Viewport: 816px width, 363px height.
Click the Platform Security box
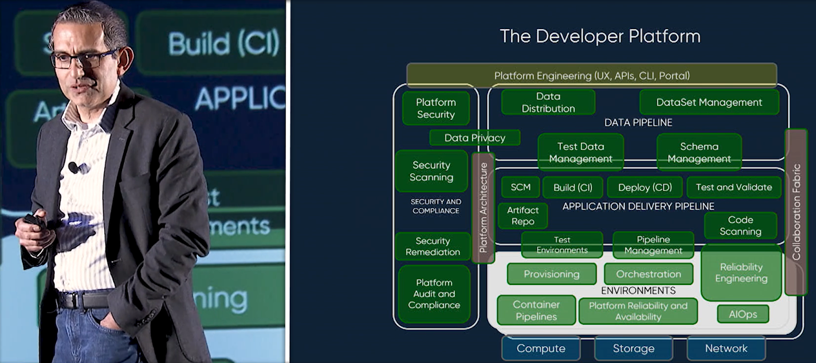click(x=436, y=108)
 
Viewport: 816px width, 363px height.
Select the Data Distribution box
click(x=548, y=102)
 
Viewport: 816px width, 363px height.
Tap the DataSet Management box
click(x=709, y=102)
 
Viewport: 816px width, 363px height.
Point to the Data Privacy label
click(x=474, y=138)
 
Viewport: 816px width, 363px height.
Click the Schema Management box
click(x=699, y=152)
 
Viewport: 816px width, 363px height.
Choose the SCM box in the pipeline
click(x=520, y=187)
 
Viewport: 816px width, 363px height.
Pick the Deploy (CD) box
click(x=645, y=187)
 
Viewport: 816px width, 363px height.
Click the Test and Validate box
click(x=733, y=187)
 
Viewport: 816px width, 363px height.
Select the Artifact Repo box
click(x=523, y=216)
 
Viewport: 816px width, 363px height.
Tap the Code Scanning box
click(x=740, y=225)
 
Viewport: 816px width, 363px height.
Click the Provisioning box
click(x=551, y=274)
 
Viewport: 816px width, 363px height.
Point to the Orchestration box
click(x=648, y=274)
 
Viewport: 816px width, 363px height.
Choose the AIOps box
click(x=743, y=314)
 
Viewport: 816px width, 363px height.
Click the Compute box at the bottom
click(x=541, y=348)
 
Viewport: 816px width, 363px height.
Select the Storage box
click(x=633, y=348)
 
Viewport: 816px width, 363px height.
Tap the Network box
click(x=726, y=348)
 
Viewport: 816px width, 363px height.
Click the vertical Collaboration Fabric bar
click(x=796, y=212)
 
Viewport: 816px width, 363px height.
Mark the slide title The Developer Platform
click(x=600, y=36)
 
